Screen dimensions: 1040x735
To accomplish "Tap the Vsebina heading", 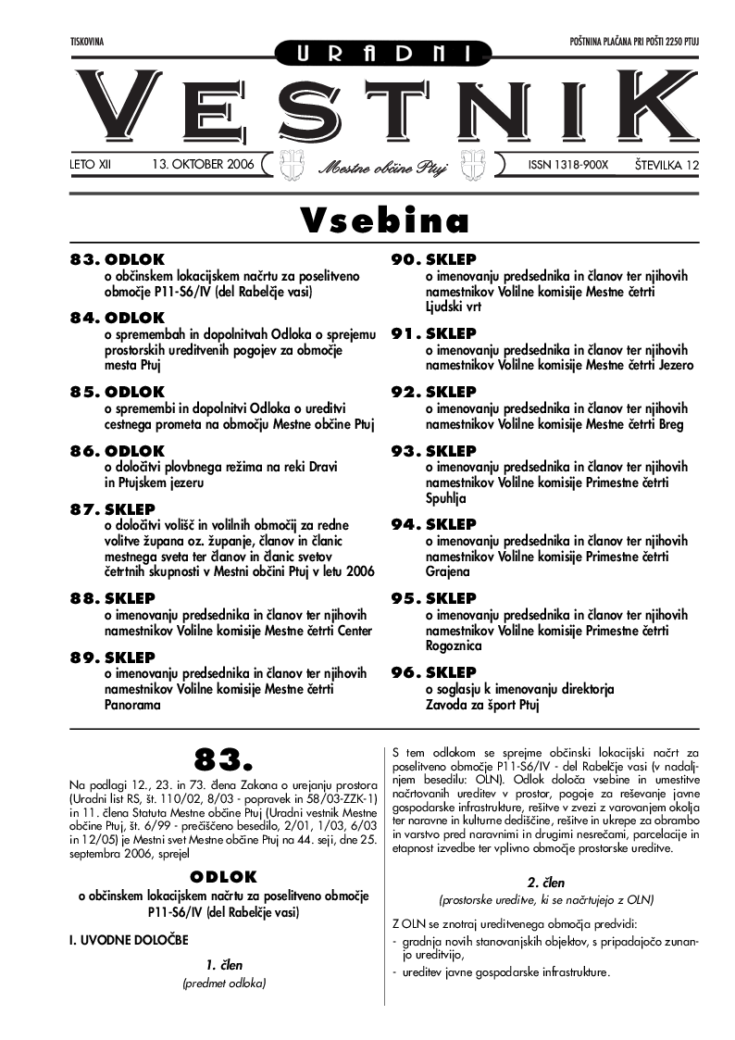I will coord(384,220).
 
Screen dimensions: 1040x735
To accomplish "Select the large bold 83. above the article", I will coord(223,760).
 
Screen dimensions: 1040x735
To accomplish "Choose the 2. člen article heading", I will coord(546,883).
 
